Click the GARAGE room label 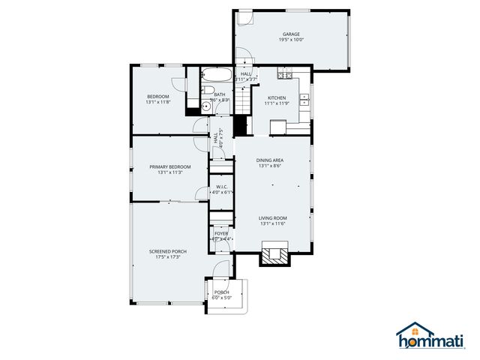coord(291,34)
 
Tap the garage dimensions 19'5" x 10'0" coord(291,40)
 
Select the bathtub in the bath coord(218,76)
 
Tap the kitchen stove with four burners coord(284,73)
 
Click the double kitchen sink coord(304,97)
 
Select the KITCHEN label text coord(277,98)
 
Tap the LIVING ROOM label coord(273,217)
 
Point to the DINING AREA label coord(269,160)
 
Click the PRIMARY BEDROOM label coord(169,166)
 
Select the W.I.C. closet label coord(222,186)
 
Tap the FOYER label coord(221,233)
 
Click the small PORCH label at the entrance coord(222,292)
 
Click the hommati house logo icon coord(415,330)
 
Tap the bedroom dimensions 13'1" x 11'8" coord(158,103)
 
